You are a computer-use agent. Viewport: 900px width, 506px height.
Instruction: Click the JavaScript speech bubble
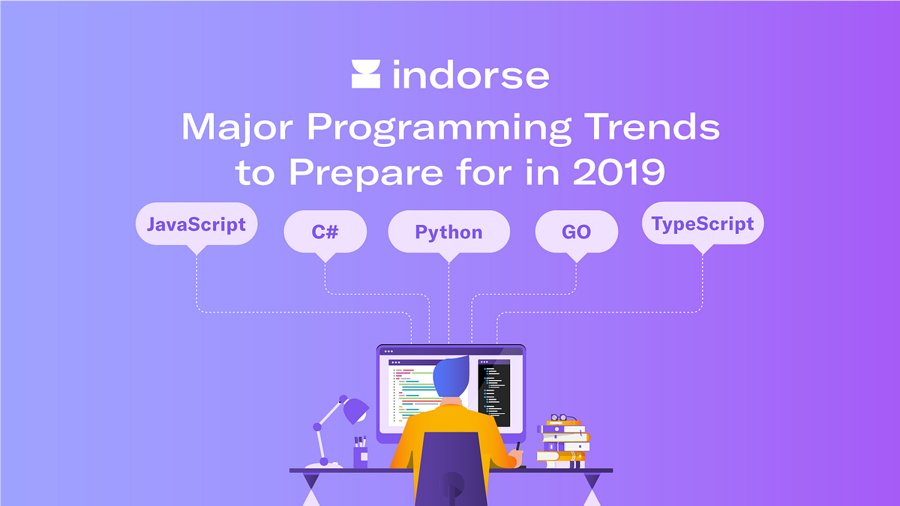tap(196, 224)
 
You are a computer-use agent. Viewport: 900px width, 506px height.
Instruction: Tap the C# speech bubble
tap(325, 231)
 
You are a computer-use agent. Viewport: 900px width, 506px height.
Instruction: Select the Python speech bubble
tap(448, 231)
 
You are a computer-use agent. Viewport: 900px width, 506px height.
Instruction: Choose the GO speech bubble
tap(576, 231)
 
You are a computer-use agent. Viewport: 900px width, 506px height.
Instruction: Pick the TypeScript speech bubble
tap(703, 223)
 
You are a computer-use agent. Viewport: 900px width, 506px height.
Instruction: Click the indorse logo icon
tap(366, 76)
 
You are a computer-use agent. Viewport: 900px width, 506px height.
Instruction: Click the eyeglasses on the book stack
tap(563, 418)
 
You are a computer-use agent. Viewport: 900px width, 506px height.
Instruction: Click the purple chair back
tap(450, 469)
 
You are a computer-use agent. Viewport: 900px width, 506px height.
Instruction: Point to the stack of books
tap(562, 445)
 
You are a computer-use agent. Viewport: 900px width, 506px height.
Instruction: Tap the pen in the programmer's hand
tap(517, 448)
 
